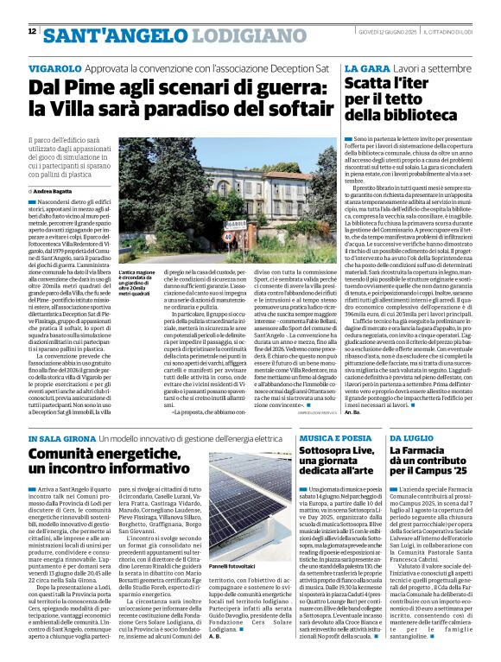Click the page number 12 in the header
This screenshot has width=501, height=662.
32,31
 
